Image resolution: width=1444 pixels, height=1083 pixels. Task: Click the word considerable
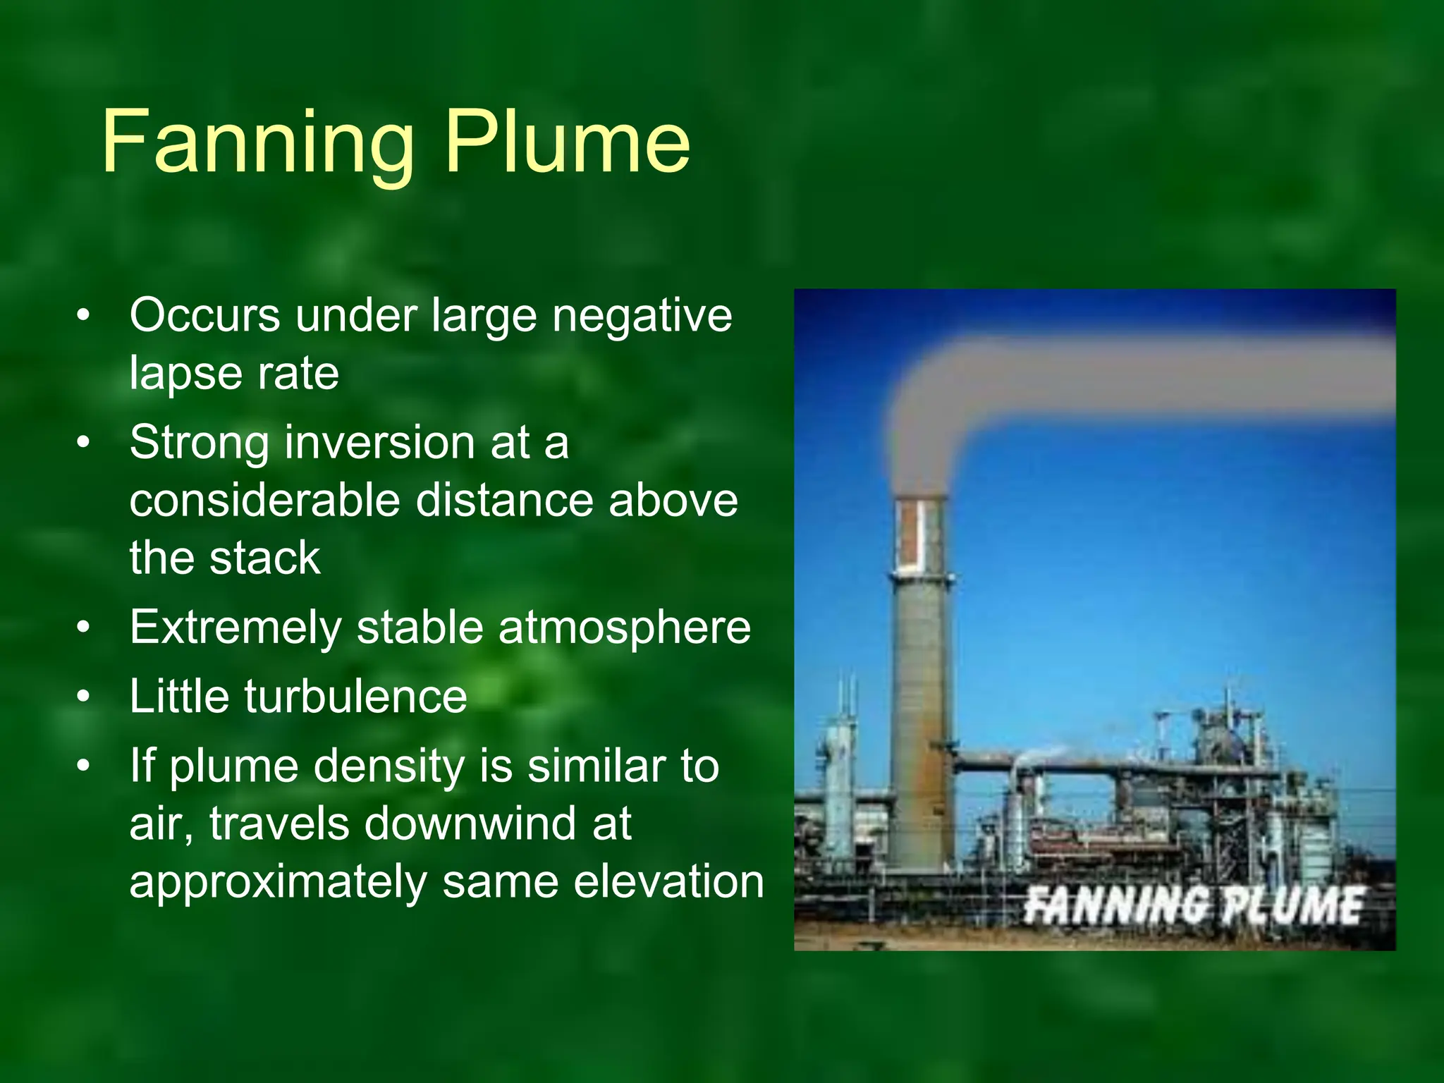pos(265,500)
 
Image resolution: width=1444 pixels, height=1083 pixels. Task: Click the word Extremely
pos(235,627)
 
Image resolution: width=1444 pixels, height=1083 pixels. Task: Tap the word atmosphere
pos(625,628)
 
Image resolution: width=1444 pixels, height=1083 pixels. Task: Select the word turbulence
pos(355,697)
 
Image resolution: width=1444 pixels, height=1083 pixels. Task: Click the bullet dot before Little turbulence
pos(84,697)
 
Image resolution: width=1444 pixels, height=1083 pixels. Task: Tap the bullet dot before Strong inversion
pos(84,443)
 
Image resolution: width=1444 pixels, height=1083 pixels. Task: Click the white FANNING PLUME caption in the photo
pos(1193,905)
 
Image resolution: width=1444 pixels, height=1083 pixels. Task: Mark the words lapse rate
pos(234,373)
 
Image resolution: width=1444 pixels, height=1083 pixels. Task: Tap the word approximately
pos(278,883)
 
